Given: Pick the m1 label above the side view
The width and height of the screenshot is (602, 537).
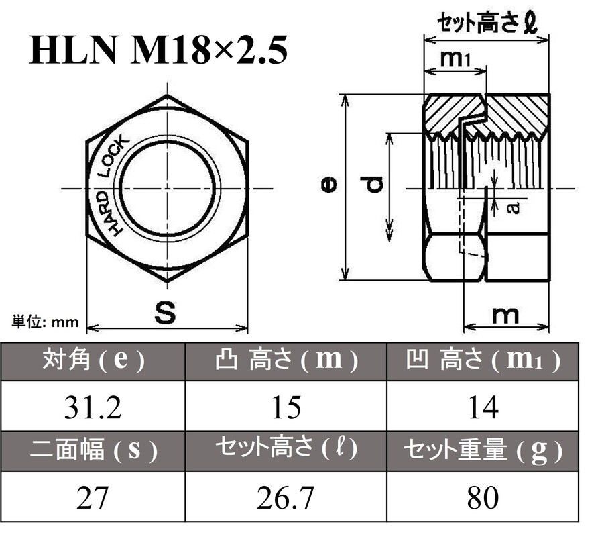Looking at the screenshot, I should pyautogui.click(x=456, y=60).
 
